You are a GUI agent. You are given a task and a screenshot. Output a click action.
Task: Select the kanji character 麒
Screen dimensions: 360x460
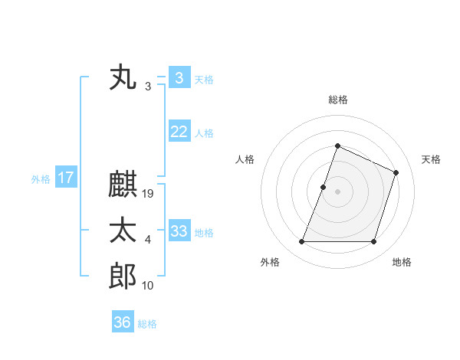[x=123, y=186]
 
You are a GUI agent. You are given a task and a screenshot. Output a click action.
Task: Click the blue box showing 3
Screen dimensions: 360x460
[x=179, y=78]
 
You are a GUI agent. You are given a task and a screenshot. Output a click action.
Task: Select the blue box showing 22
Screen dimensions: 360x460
[x=179, y=132]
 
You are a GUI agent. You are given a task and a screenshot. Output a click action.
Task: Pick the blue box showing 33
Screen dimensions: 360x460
[x=179, y=231]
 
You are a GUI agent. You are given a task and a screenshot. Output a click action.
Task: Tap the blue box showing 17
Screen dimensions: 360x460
[x=66, y=178]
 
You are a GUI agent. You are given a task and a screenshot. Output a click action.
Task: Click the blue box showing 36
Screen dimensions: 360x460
[x=122, y=322]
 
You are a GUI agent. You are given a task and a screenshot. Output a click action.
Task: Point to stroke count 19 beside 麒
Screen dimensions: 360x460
[x=149, y=194]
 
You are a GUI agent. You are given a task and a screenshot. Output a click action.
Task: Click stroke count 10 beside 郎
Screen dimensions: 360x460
[x=149, y=286]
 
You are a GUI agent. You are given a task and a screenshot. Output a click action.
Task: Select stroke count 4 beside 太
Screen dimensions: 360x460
[x=148, y=240]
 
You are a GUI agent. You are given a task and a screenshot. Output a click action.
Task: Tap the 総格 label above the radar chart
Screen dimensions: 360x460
[x=337, y=100]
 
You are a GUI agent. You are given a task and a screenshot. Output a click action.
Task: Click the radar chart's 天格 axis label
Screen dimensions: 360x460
[x=431, y=159]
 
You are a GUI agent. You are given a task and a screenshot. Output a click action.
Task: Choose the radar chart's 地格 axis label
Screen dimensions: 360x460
[x=402, y=262]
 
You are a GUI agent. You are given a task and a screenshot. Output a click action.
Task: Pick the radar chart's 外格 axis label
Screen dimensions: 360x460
[x=270, y=262]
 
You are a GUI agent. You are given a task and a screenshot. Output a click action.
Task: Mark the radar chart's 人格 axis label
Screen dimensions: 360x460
[x=245, y=159]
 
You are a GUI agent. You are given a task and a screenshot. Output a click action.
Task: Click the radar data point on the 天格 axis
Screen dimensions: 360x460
[x=396, y=172]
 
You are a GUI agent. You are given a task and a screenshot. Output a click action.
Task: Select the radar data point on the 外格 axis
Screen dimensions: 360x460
[x=301, y=242]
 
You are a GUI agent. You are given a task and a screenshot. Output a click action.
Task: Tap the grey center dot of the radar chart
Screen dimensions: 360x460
[x=337, y=191]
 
